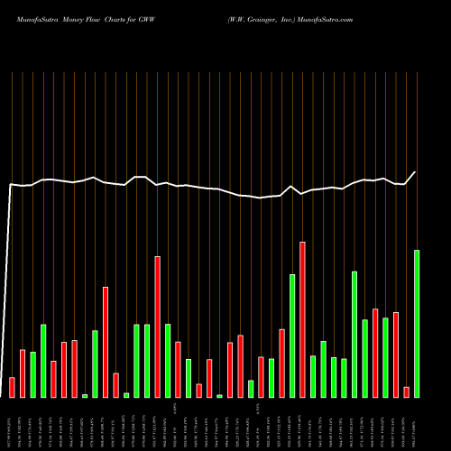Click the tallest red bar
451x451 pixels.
pos(302,319)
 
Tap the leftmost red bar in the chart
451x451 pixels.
pos(12,387)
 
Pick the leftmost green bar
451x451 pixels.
pos(32,374)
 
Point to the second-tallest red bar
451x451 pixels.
pos(157,327)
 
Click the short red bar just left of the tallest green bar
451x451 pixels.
pos(407,391)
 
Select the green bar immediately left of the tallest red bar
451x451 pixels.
pos(292,336)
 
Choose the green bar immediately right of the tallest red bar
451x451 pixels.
pos(313,376)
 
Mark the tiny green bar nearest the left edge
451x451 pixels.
pos(85,395)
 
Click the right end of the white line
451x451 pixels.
pos(416,172)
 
